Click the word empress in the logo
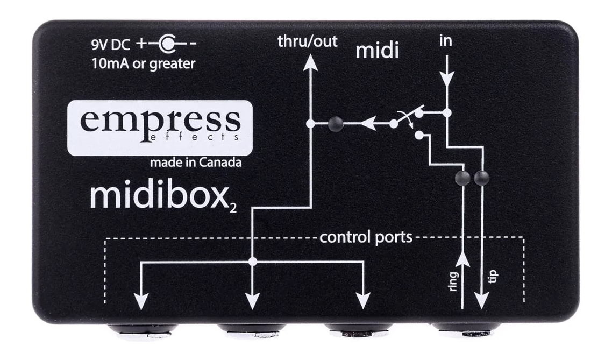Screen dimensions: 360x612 point(160,120)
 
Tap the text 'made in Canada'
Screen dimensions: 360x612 point(196,163)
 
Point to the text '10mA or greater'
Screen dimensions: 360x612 point(143,63)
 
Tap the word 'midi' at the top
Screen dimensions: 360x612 point(378,51)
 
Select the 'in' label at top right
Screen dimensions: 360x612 point(445,41)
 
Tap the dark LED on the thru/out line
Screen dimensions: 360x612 point(336,124)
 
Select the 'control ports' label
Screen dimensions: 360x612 point(366,237)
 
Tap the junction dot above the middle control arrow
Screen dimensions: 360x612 point(252,262)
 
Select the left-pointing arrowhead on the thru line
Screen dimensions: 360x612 point(368,124)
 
